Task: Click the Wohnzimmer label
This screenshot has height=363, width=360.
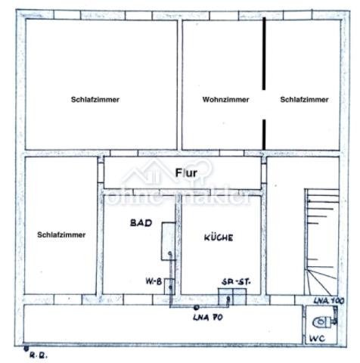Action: click(x=225, y=100)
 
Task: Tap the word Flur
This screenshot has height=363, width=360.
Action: click(x=186, y=173)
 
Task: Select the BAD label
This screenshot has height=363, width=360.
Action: click(x=141, y=223)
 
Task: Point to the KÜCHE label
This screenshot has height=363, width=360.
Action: click(x=219, y=237)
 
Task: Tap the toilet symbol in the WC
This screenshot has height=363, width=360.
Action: click(x=318, y=321)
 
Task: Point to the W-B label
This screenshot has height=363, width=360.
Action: click(x=154, y=281)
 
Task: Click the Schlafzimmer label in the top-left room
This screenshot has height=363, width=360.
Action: click(x=96, y=100)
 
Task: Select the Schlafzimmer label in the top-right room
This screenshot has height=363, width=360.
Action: click(x=303, y=100)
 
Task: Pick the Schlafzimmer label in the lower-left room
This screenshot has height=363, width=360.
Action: click(x=61, y=234)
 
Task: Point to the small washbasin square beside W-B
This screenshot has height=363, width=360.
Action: click(x=171, y=287)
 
